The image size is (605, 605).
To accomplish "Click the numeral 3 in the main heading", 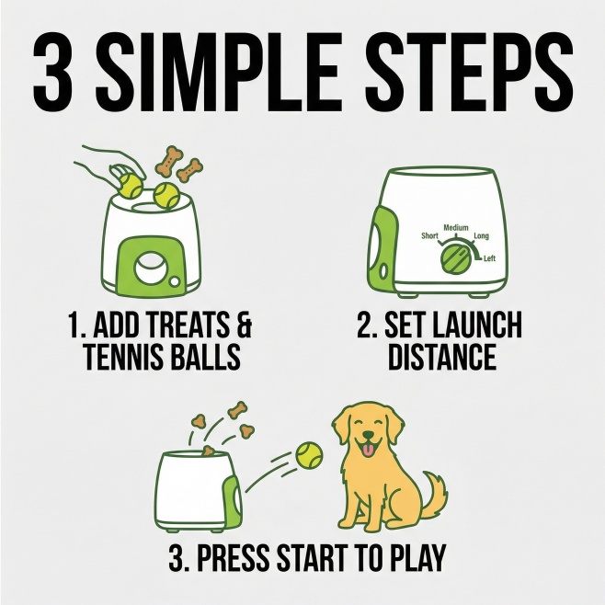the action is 52,73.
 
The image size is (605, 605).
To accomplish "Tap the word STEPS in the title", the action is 469,73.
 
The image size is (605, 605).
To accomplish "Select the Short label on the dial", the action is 429,235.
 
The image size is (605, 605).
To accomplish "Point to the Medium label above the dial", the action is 456,228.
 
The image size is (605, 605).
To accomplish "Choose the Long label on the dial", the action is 481,235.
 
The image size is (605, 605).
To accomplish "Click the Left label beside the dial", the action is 490,258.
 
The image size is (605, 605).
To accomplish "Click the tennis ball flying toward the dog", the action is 309,456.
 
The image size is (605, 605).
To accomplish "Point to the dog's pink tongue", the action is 368,450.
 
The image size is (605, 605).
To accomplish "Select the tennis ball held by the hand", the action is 130,186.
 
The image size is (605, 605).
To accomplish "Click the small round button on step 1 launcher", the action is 175,281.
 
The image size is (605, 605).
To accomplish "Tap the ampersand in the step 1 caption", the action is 243,325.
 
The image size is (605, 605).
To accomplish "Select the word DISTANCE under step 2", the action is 442,357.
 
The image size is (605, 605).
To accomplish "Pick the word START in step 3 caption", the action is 313,557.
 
